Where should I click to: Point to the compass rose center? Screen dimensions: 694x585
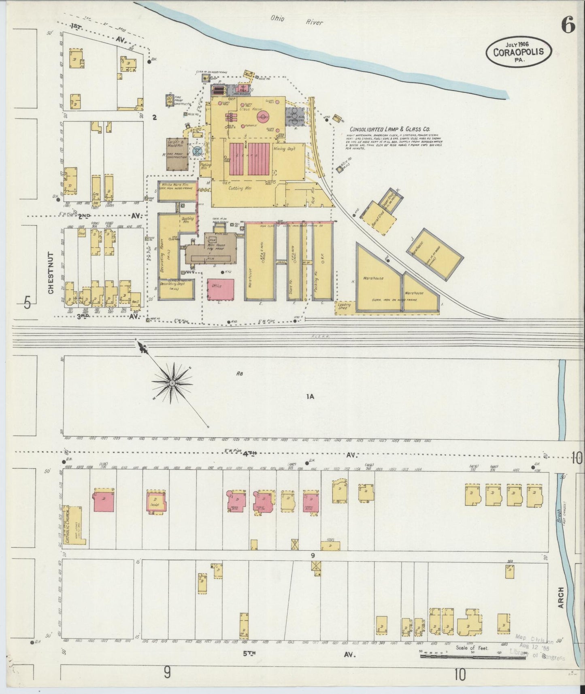tap(172, 382)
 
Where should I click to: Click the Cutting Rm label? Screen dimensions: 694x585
tap(240, 188)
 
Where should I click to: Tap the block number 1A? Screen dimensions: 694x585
tap(310, 397)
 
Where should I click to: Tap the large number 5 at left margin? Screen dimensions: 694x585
tap(28, 302)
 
